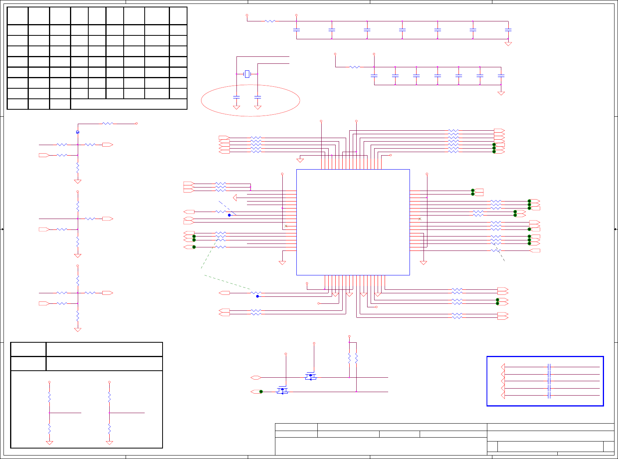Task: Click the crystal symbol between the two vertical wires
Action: tap(247, 74)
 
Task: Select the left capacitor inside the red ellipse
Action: tap(236, 97)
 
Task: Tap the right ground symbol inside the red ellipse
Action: tap(257, 107)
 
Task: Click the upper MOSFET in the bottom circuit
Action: tap(310, 377)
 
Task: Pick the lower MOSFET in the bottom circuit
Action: tap(282, 391)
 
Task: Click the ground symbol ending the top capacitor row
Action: tap(508, 44)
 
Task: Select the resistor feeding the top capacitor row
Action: tap(270, 21)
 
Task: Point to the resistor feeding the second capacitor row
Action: tap(355, 67)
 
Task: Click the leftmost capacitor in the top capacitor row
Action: tap(296, 30)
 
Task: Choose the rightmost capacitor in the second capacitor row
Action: tap(501, 75)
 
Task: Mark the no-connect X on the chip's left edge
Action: tap(286, 226)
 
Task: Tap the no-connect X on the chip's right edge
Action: tap(420, 219)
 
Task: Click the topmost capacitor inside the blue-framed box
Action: tap(549, 367)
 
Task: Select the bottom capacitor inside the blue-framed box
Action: tap(549, 396)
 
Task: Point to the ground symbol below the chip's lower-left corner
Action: tap(282, 263)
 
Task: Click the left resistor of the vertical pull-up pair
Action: tap(349, 358)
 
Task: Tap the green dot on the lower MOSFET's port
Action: tap(261, 392)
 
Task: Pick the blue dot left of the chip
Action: tap(229, 215)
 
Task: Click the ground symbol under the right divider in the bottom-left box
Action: tap(109, 443)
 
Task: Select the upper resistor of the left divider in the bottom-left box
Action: tap(49, 397)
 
